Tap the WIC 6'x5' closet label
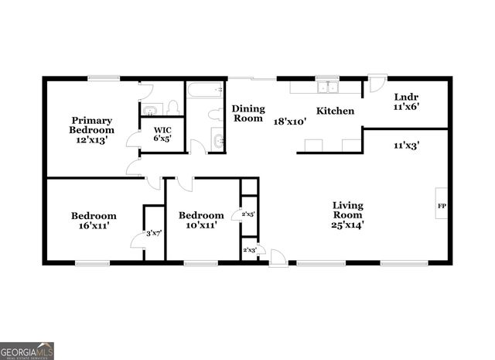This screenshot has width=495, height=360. (x=162, y=134)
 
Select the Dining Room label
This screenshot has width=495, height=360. (x=248, y=114)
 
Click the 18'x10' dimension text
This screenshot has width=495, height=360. (x=290, y=122)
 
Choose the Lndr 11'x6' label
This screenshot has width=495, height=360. (x=406, y=102)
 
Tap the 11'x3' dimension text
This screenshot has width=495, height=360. (x=406, y=144)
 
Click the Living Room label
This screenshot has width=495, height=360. (x=348, y=214)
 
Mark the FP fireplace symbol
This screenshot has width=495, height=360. (x=442, y=206)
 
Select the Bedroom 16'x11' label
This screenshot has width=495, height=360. (x=94, y=220)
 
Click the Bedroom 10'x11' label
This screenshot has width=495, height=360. (x=201, y=220)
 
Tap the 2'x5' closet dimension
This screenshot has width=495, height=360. (x=248, y=213)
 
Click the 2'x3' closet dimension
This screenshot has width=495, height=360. (x=250, y=250)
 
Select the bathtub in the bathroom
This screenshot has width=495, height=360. (x=204, y=91)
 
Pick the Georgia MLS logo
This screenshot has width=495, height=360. (x=27, y=351)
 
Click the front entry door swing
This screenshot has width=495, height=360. (x=278, y=258)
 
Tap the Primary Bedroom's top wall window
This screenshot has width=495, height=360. (x=103, y=77)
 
